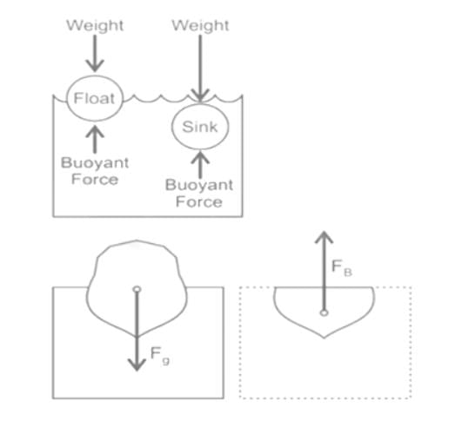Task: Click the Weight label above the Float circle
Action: click(95, 25)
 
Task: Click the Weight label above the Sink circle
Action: click(200, 25)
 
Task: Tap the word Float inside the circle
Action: click(94, 98)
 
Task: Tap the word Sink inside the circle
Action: click(200, 127)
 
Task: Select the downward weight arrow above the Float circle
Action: click(95, 53)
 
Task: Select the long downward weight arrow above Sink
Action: click(200, 69)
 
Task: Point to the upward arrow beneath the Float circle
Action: click(95, 140)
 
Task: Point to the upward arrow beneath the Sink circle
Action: click(200, 165)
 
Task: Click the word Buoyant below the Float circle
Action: click(95, 163)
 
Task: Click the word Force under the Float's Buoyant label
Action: click(95, 179)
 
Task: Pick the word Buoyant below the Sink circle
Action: click(199, 185)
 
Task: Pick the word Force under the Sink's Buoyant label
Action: click(199, 201)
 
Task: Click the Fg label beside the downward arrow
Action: click(160, 356)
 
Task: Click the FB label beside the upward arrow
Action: click(342, 268)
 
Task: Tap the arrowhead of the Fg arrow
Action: click(137, 365)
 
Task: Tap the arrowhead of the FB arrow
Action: click(325, 237)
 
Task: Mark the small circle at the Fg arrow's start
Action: click(137, 289)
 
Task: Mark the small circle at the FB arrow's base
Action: click(325, 312)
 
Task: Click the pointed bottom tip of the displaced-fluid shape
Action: click(325, 338)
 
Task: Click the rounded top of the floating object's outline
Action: click(137, 240)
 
